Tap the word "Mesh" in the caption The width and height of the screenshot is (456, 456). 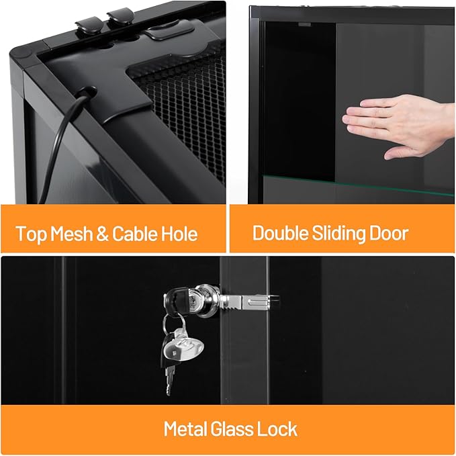69,234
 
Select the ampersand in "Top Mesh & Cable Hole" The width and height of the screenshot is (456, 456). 102,234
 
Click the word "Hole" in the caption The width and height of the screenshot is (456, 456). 180,234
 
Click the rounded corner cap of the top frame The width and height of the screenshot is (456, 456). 20,52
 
